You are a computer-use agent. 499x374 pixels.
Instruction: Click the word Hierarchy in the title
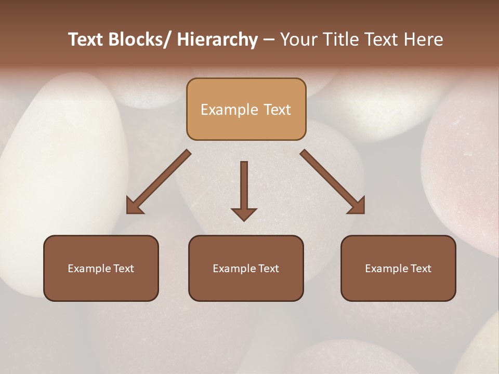217,39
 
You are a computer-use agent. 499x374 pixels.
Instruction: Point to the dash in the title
269,39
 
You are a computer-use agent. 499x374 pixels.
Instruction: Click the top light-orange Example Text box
246,109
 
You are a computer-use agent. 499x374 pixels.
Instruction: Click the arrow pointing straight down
244,187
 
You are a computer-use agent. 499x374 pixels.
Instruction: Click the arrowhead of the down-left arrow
134,207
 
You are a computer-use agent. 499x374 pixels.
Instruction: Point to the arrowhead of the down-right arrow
357,206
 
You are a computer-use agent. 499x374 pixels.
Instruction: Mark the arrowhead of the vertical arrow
244,213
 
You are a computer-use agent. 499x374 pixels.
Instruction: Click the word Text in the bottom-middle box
268,269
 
